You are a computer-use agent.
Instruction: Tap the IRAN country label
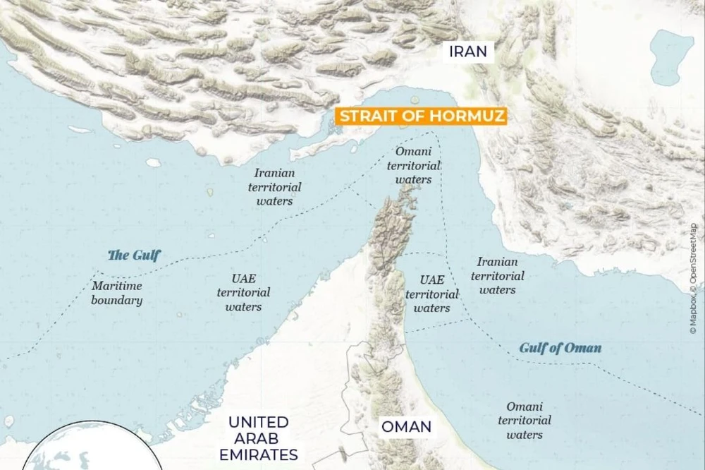pos(469,52)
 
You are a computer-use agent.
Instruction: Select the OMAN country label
pos(407,426)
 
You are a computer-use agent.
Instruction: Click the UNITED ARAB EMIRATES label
pos(258,438)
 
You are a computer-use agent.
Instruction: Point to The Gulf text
pos(134,255)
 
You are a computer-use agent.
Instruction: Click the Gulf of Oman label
pos(560,347)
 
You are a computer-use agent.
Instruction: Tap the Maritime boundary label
pos(117,293)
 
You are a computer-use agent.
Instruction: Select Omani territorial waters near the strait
pos(415,165)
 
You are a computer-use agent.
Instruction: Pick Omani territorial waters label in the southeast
pos(525,420)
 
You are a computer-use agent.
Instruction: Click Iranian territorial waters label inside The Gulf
pos(274,186)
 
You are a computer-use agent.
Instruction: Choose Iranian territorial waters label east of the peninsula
pos(498,275)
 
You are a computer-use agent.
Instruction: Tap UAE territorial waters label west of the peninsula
pos(243,292)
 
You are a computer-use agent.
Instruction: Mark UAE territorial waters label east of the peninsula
pos(431,294)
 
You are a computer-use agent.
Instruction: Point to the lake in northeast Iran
pos(671,56)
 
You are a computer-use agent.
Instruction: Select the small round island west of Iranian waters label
pos(153,162)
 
